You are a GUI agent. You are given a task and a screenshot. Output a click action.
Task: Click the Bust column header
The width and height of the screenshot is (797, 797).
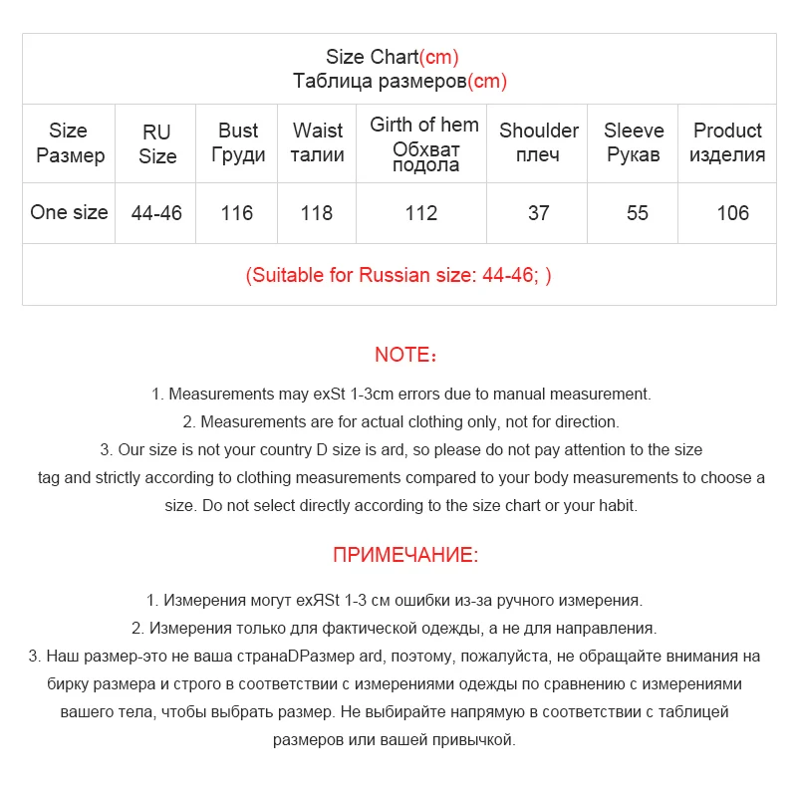pyautogui.click(x=238, y=142)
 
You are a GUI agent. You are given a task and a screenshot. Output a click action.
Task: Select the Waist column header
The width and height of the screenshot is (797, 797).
pyautogui.click(x=318, y=142)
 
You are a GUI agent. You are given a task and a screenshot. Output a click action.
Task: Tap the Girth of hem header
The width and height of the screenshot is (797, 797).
pyautogui.click(x=424, y=143)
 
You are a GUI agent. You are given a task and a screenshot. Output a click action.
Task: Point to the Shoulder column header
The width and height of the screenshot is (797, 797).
pyautogui.click(x=539, y=142)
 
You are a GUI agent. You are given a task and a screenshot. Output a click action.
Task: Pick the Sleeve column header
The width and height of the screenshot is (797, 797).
pyautogui.click(x=634, y=142)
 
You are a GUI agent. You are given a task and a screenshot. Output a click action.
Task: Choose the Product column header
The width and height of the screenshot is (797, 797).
pyautogui.click(x=727, y=142)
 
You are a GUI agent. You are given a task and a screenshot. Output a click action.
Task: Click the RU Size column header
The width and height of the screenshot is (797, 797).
pyautogui.click(x=157, y=143)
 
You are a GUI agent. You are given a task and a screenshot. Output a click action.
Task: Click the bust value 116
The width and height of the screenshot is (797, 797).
pyautogui.click(x=237, y=213)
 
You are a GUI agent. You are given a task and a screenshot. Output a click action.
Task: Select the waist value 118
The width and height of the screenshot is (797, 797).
pyautogui.click(x=317, y=213)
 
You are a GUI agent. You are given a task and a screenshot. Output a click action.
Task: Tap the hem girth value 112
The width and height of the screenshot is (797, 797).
pyautogui.click(x=421, y=213)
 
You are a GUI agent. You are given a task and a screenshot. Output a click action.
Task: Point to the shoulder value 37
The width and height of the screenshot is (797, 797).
pyautogui.click(x=539, y=213)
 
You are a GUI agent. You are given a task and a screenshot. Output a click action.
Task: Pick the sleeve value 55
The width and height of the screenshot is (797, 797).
pyautogui.click(x=638, y=213)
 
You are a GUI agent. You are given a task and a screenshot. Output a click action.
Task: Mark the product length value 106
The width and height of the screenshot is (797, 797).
pyautogui.click(x=732, y=213)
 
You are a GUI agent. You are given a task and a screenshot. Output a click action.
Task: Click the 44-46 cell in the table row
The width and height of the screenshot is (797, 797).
pyautogui.click(x=157, y=213)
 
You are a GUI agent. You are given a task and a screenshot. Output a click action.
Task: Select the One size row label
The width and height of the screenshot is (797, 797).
pyautogui.click(x=69, y=212)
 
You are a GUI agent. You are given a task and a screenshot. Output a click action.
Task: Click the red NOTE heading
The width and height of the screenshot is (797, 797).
pyautogui.click(x=405, y=355)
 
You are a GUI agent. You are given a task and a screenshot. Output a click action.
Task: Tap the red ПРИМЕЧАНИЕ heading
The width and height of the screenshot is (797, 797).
pyautogui.click(x=405, y=555)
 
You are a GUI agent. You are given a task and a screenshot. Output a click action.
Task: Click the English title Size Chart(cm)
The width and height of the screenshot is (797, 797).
pyautogui.click(x=393, y=58)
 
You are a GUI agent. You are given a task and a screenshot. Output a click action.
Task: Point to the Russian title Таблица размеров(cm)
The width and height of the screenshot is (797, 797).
pyautogui.click(x=399, y=82)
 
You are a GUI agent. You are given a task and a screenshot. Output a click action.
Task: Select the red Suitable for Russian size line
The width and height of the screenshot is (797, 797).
pyautogui.click(x=398, y=275)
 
